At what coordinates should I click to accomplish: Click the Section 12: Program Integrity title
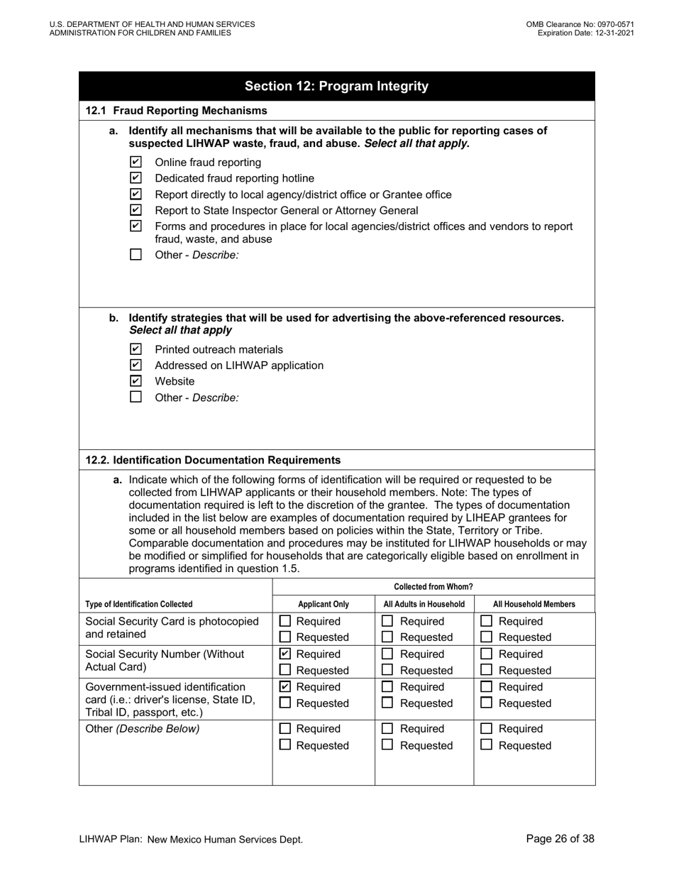(336, 87)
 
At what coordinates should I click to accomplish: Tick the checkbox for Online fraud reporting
(136, 162)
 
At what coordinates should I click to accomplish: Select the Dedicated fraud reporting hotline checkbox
(136, 178)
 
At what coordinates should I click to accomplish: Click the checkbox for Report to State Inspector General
(136, 210)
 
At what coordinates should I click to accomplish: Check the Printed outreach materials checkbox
(136, 349)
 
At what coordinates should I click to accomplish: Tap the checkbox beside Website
(136, 381)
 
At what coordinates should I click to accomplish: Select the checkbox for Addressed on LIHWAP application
(136, 365)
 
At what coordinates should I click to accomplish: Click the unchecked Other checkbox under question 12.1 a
(136, 255)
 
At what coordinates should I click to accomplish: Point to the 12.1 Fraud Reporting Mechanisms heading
(177, 111)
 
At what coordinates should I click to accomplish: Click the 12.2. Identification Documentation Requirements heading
(213, 460)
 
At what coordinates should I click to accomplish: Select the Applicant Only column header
(324, 605)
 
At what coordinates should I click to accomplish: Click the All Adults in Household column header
(424, 605)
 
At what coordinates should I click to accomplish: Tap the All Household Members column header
(534, 605)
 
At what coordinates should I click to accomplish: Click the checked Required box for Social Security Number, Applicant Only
(285, 654)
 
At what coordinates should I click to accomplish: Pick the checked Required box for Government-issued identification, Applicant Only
(285, 687)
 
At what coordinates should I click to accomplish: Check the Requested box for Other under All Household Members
(487, 745)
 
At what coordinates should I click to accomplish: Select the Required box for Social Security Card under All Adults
(387, 621)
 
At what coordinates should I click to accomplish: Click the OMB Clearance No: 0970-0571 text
(580, 24)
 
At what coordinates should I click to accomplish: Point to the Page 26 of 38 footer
(560, 839)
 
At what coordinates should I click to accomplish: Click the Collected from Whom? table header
(433, 587)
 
